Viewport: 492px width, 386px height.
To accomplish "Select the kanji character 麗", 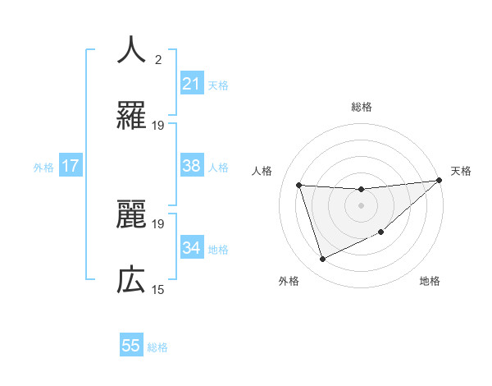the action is [x=131, y=215].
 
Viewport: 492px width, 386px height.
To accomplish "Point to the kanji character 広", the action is [x=131, y=281].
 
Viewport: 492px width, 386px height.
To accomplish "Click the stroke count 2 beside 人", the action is [x=158, y=60].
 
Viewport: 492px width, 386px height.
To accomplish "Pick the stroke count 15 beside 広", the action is [x=158, y=290].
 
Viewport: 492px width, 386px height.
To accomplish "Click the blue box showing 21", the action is [x=191, y=83].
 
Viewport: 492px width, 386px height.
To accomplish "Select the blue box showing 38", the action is [x=191, y=166].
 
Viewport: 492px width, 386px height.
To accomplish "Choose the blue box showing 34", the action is [x=191, y=248].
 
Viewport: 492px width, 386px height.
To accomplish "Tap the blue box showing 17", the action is [x=71, y=166].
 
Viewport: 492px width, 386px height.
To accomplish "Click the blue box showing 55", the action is [x=131, y=346].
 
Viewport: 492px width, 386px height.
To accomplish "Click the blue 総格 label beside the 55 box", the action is [x=157, y=347].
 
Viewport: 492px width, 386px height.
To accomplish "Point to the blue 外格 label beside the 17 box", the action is [x=43, y=168].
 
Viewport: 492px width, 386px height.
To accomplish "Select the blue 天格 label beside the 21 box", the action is [x=218, y=85].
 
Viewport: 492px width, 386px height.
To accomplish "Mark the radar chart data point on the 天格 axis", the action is [x=438, y=181].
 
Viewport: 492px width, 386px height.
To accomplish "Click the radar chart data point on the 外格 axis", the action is [x=322, y=260].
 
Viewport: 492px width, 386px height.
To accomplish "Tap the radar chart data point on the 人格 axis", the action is [x=299, y=185].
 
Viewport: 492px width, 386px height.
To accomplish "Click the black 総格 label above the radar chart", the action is [x=361, y=108].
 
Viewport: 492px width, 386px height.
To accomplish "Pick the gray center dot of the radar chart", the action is [x=361, y=205].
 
